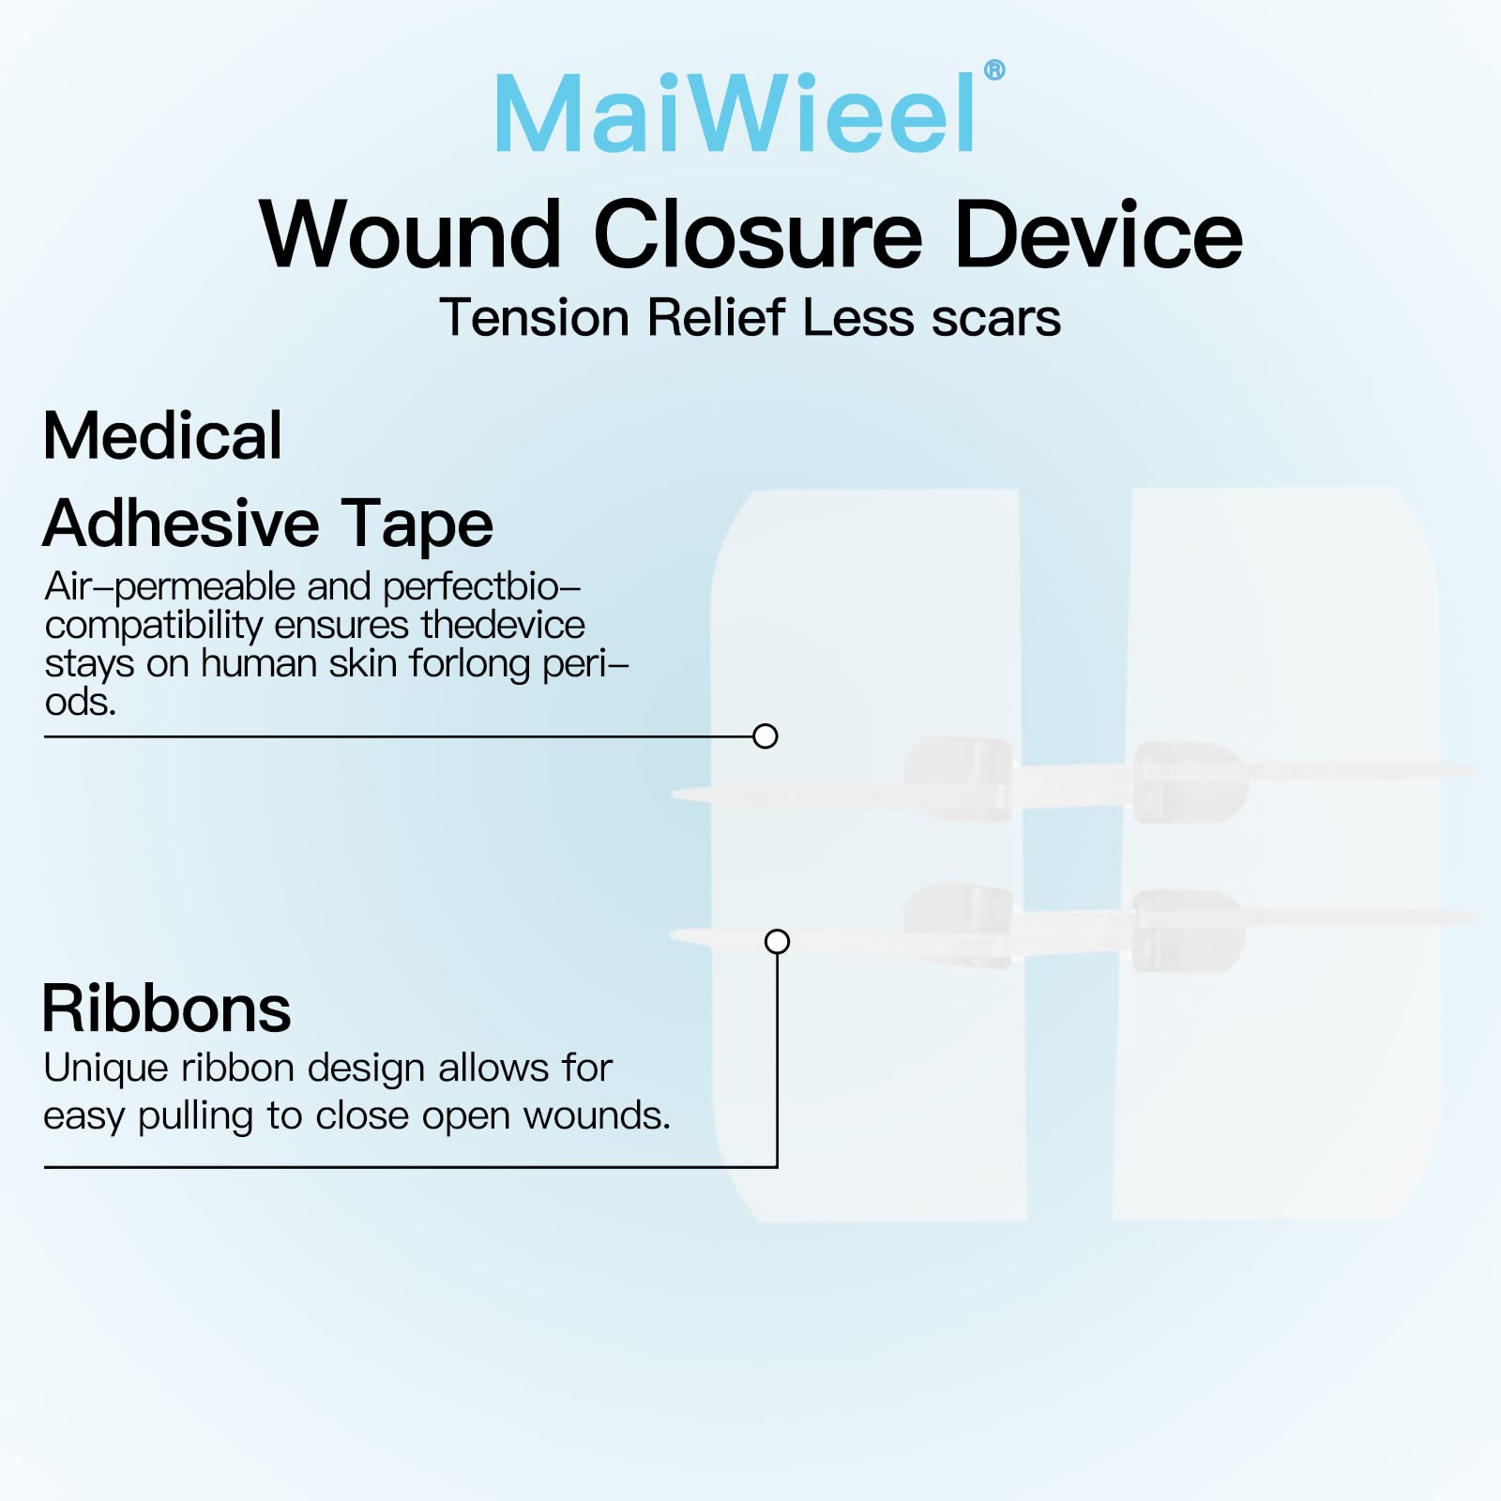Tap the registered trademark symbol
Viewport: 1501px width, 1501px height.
(x=994, y=70)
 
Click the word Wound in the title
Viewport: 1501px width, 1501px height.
(x=410, y=235)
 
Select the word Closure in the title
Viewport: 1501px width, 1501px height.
(x=758, y=235)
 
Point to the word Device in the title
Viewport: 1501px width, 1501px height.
(x=1098, y=235)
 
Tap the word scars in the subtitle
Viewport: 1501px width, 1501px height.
(x=996, y=319)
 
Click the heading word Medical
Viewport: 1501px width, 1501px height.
(x=162, y=436)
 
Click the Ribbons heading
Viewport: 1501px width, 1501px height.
(x=166, y=1009)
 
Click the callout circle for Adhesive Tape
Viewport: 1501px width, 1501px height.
(x=766, y=736)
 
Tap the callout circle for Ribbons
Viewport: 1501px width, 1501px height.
(x=777, y=941)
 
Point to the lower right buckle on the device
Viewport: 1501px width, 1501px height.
(x=1188, y=930)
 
